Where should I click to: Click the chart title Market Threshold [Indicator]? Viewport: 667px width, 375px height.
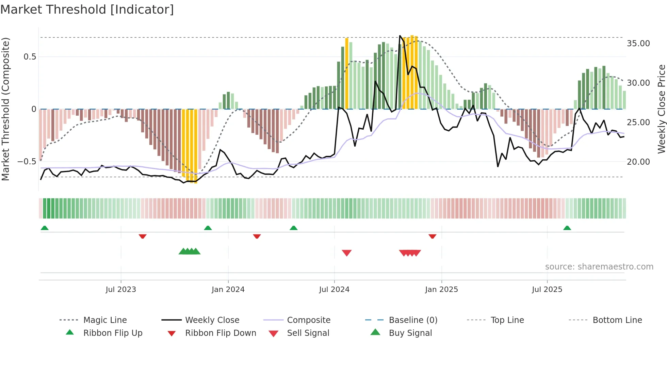click(87, 10)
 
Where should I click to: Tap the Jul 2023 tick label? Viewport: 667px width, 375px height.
click(120, 290)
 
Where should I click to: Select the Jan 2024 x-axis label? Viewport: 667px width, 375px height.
click(228, 290)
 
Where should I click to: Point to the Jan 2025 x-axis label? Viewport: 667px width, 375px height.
click(441, 290)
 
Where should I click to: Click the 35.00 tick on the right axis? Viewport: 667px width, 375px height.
click(638, 44)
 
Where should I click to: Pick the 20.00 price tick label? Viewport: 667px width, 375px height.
click(638, 162)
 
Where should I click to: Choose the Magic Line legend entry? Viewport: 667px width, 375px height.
click(105, 320)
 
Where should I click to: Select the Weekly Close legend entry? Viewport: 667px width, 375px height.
click(212, 320)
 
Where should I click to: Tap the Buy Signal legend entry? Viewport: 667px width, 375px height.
click(410, 333)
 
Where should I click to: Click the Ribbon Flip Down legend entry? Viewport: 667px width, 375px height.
click(220, 333)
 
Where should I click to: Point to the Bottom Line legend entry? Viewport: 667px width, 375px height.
click(617, 320)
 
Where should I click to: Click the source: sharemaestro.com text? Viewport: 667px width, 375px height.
click(599, 267)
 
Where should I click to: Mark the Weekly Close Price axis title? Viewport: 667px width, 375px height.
click(661, 109)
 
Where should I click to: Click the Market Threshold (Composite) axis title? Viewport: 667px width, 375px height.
click(5, 109)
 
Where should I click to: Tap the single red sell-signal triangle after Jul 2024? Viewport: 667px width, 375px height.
click(346, 253)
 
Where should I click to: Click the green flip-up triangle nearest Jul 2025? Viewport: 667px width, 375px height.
click(567, 228)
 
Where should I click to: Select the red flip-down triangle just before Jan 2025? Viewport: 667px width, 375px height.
click(432, 236)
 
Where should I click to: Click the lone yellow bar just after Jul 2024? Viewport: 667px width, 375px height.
click(347, 73)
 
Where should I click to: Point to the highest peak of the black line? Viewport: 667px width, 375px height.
click(400, 36)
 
